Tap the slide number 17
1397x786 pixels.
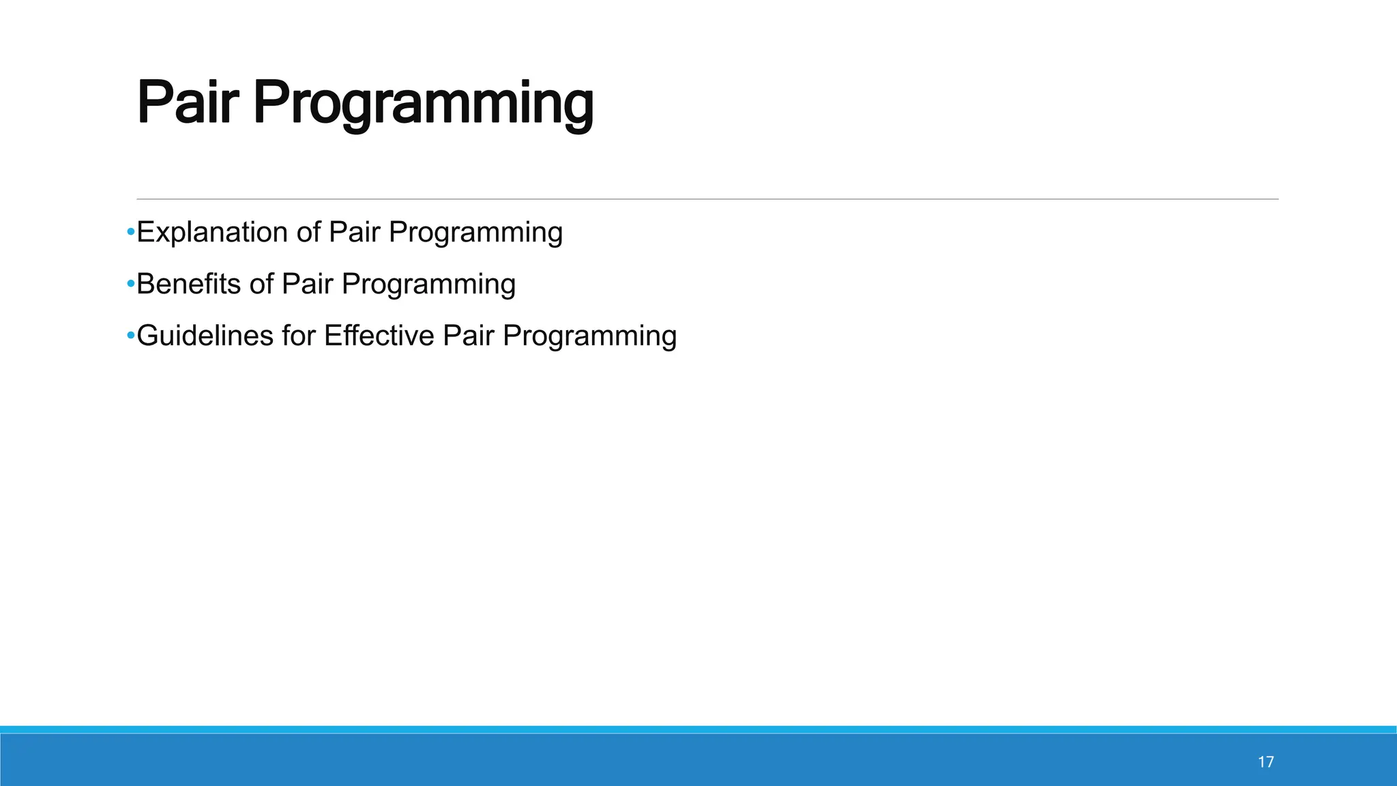tap(1265, 762)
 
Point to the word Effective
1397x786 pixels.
tap(379, 336)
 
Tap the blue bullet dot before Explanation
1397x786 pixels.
tap(130, 233)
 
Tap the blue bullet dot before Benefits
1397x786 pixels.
tap(130, 284)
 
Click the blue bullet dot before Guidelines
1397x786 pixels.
tap(130, 336)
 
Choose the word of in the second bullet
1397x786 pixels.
tap(261, 284)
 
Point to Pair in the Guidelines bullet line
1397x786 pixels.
tap(468, 336)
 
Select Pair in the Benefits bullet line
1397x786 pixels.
tap(307, 284)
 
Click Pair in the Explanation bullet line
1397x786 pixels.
tap(354, 233)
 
